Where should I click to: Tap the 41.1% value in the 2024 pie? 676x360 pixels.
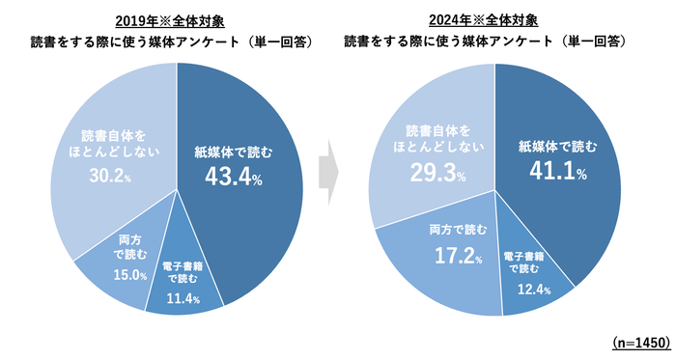(x=551, y=172)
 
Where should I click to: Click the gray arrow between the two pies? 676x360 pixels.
(x=330, y=172)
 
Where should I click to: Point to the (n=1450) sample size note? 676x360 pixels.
(x=640, y=343)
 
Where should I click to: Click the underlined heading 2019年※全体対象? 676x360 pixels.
(x=176, y=20)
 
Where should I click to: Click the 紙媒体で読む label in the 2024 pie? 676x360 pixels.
(x=551, y=147)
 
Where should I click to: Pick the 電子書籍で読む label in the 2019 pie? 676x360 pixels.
(x=181, y=271)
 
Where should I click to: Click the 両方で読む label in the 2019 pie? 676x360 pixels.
(x=128, y=248)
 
